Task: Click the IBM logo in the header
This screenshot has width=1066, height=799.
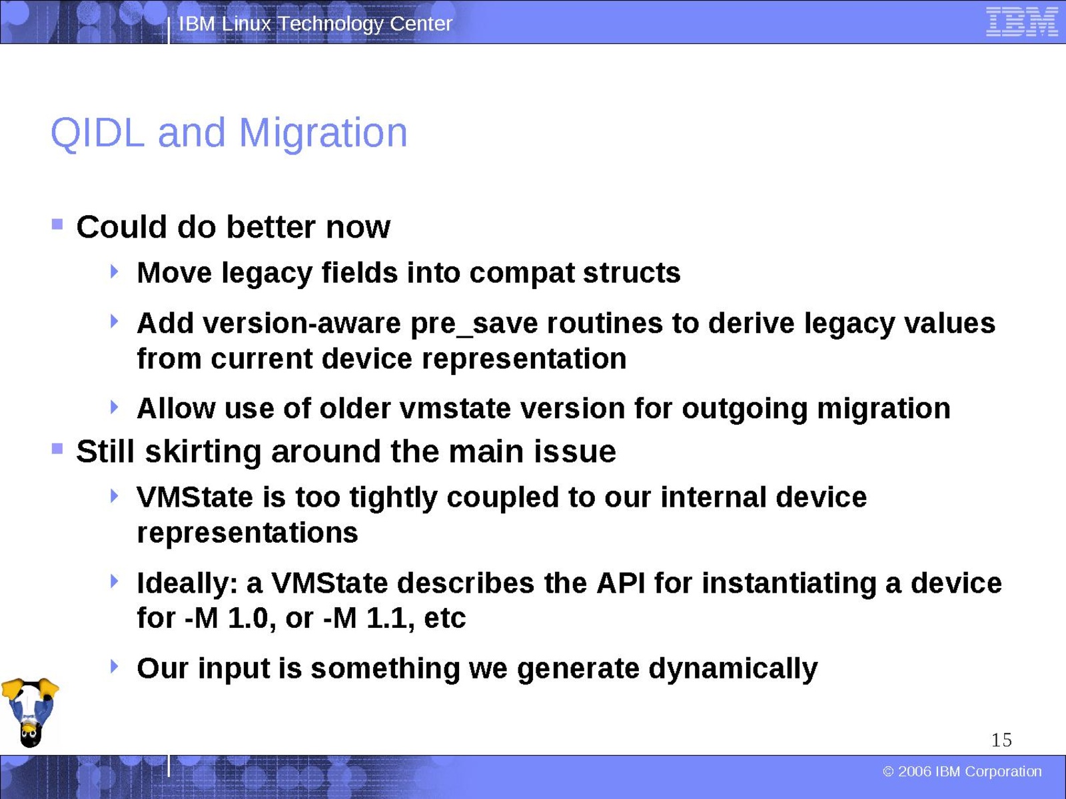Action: pyautogui.click(x=1022, y=22)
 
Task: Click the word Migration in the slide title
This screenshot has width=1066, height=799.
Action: pyautogui.click(x=323, y=133)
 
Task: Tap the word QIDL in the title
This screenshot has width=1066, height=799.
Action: pyautogui.click(x=97, y=133)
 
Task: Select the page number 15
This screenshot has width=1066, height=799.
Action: pyautogui.click(x=1001, y=740)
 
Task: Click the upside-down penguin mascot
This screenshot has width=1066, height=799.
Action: pyautogui.click(x=30, y=712)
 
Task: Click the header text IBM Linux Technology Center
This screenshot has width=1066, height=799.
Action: pyautogui.click(x=316, y=23)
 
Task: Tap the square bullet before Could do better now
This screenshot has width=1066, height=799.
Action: pyautogui.click(x=57, y=224)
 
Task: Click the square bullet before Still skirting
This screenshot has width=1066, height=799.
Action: pyautogui.click(x=57, y=449)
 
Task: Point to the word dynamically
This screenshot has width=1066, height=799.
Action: pyautogui.click(x=733, y=669)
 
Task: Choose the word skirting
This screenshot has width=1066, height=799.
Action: pyautogui.click(x=203, y=452)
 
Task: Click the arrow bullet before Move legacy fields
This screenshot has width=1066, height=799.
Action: pyautogui.click(x=115, y=271)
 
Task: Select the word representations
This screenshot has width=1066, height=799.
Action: pyautogui.click(x=248, y=533)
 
